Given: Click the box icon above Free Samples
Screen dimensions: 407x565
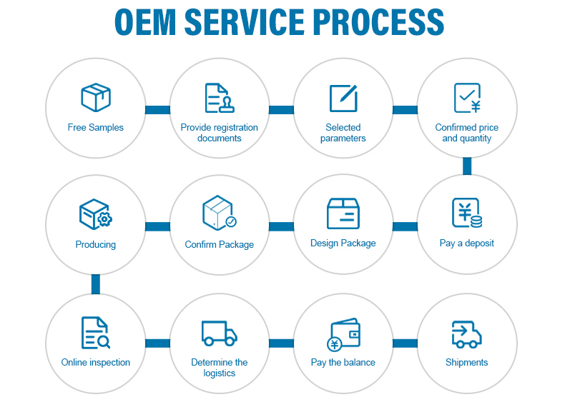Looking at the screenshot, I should pos(96,98).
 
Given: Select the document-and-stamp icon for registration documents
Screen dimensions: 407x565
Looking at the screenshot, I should pos(219,98).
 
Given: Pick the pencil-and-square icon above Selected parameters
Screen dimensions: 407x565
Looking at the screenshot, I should pos(343,98).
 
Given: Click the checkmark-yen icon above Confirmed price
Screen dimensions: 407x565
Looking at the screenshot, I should pos(467,98).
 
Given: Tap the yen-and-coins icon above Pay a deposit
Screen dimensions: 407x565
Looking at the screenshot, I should pos(467,213).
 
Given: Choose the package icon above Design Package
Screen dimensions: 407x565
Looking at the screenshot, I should pos(343,213).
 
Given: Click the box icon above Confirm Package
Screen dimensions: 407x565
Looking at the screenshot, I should pos(219,213).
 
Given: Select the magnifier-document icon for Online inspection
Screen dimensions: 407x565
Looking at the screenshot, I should pos(96,333).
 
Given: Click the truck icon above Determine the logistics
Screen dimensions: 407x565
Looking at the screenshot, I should pos(219,333).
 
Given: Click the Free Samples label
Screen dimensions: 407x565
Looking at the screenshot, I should pos(96,128).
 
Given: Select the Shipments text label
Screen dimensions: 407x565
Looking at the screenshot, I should pos(467,363).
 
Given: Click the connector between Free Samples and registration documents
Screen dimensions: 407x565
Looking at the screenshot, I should pos(157,109).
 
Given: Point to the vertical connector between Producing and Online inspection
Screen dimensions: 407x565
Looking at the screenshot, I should pos(96,284).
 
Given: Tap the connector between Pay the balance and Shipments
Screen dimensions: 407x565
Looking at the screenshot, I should pos(405,343).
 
